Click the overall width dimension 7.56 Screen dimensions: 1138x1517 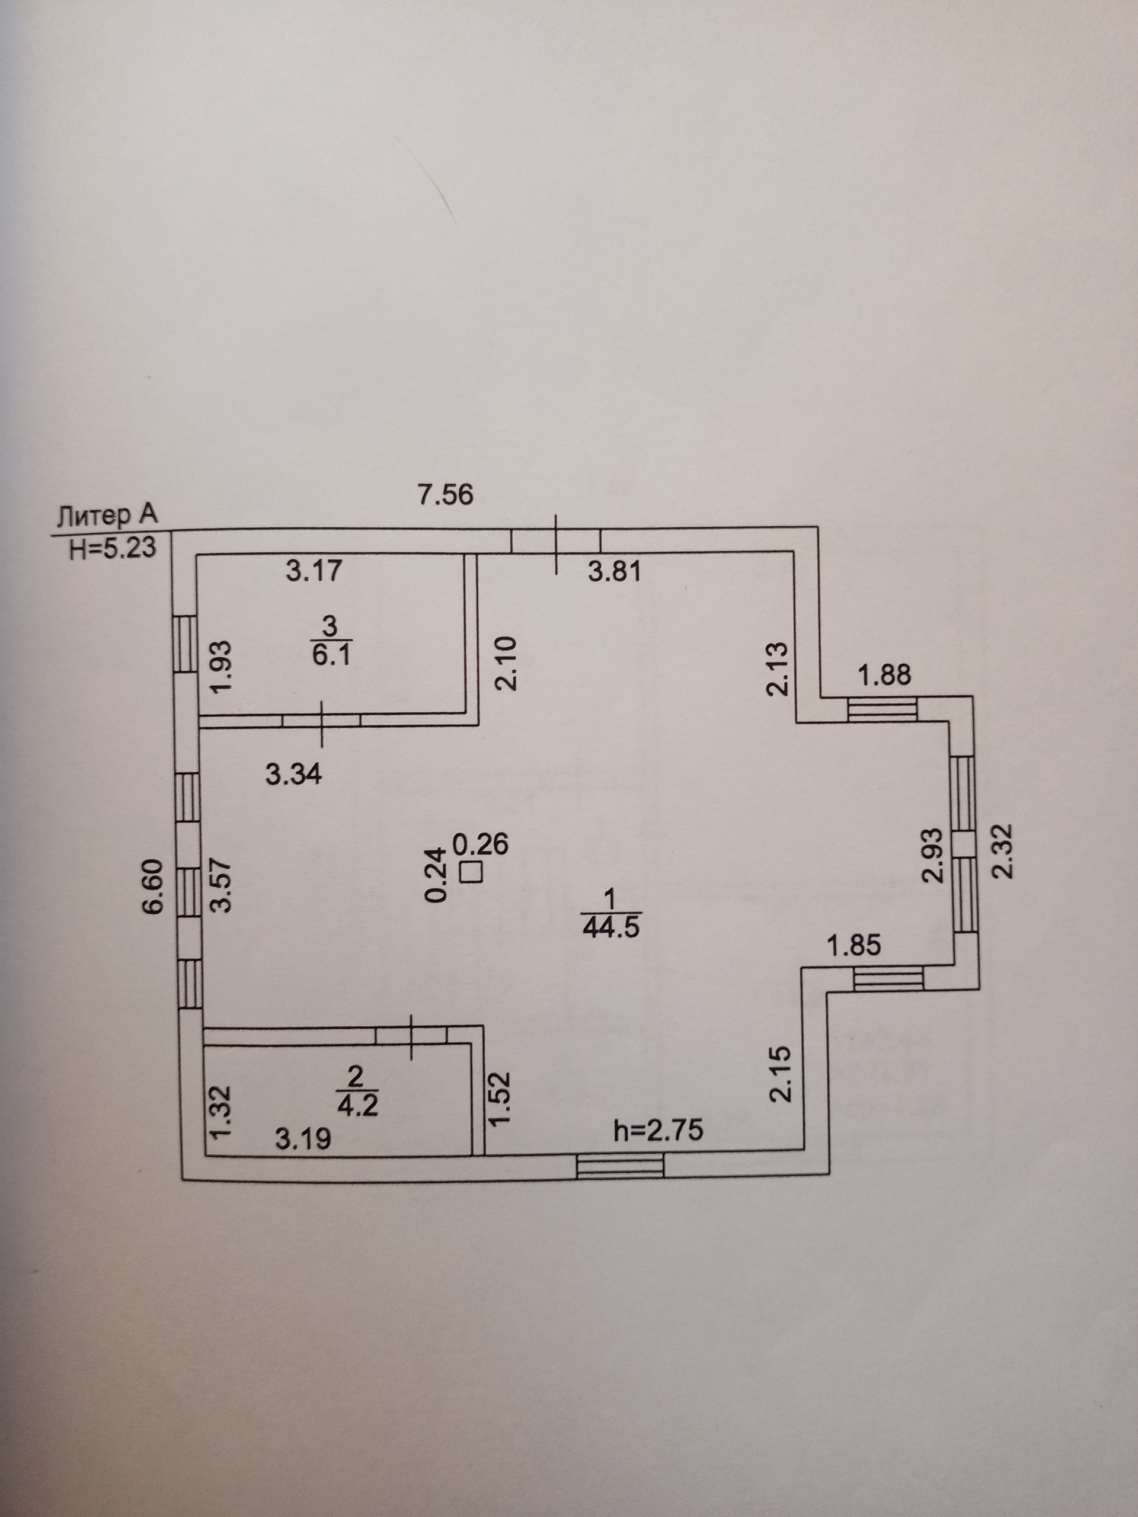tap(446, 494)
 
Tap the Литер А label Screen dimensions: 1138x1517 tap(108, 516)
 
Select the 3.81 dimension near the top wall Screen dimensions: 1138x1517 tap(615, 571)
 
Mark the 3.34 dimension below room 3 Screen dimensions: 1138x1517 tap(293, 775)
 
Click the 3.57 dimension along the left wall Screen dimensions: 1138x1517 tap(222, 885)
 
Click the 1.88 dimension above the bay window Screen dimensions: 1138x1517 tap(885, 676)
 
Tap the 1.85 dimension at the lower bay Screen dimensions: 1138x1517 tap(854, 946)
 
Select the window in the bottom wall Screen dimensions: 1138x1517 tap(620, 1165)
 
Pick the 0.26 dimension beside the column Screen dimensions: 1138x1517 tap(483, 844)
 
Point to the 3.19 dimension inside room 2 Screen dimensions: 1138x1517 tap(303, 1139)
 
